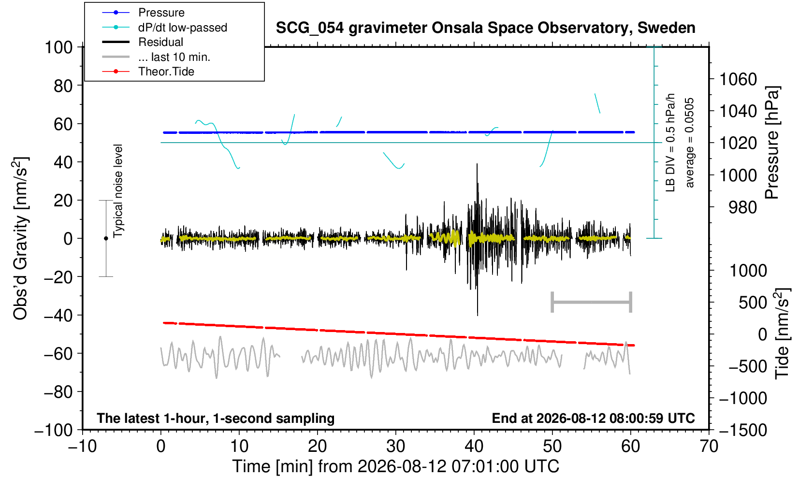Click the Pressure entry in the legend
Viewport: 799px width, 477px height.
[x=161, y=13]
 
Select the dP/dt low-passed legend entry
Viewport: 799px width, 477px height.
[x=183, y=28]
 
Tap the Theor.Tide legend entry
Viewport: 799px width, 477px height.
[x=166, y=72]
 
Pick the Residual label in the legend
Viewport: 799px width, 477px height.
[x=160, y=42]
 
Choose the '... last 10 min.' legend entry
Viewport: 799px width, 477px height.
[x=174, y=57]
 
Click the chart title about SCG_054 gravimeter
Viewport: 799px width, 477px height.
[x=485, y=28]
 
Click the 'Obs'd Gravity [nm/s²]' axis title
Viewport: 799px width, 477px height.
[x=20, y=238]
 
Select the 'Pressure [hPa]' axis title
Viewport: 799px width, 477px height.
[x=772, y=143]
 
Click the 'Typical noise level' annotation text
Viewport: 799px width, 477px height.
[x=118, y=191]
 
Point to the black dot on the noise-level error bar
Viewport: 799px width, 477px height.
[x=106, y=238]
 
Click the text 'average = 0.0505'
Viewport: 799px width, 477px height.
[x=690, y=143]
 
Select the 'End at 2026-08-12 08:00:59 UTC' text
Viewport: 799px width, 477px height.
[x=593, y=418]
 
